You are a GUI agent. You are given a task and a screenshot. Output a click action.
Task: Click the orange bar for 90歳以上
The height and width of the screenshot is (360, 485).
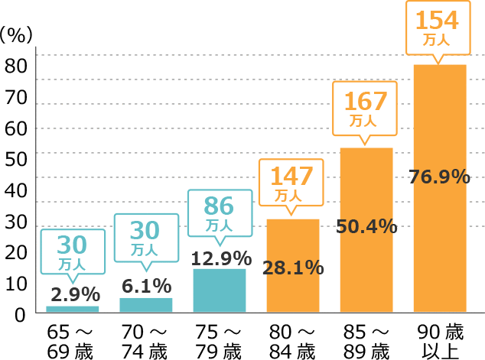point(440,229)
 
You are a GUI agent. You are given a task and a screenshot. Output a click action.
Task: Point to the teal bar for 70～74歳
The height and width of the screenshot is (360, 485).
point(146,305)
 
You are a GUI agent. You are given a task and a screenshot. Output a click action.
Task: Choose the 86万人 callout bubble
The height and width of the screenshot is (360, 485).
point(220,215)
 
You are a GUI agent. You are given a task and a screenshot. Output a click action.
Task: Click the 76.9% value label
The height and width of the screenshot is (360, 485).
point(439,177)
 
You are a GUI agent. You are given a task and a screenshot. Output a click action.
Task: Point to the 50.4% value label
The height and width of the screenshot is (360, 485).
point(366,226)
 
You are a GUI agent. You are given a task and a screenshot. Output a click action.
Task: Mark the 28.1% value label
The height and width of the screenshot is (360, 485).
point(293,268)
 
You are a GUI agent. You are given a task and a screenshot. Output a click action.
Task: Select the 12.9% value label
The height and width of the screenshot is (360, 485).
point(220,259)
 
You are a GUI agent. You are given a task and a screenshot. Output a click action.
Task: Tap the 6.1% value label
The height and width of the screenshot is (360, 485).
point(146,286)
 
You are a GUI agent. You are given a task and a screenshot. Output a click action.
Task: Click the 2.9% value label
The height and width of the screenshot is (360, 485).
point(74,294)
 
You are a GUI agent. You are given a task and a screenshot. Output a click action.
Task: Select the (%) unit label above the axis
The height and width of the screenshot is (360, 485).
point(17,34)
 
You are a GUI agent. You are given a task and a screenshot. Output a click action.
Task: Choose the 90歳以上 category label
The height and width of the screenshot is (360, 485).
point(439,341)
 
